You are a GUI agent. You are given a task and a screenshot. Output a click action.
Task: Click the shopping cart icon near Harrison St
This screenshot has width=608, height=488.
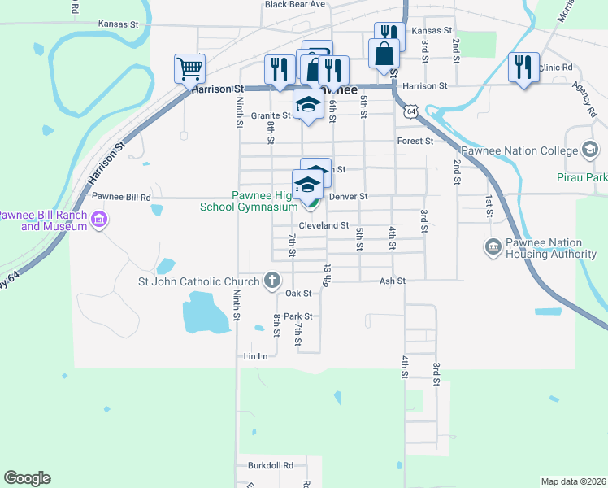click(x=189, y=68)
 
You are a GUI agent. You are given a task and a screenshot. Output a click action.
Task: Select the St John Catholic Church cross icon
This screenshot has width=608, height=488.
click(x=272, y=282)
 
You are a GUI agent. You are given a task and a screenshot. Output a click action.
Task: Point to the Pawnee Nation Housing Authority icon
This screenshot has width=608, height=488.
click(x=493, y=246)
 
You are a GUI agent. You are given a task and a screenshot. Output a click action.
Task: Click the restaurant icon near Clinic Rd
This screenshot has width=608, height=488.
click(x=523, y=67)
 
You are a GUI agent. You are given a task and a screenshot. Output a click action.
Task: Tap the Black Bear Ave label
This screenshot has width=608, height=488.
click(x=294, y=5)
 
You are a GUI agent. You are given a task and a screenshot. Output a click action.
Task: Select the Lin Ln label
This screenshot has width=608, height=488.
click(x=255, y=356)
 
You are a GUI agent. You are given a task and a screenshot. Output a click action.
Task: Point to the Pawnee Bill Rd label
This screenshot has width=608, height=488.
click(x=121, y=197)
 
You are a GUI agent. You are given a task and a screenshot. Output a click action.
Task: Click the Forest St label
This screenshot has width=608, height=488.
click(x=415, y=141)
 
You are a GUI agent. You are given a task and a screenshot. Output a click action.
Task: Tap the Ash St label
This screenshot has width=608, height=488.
click(x=392, y=281)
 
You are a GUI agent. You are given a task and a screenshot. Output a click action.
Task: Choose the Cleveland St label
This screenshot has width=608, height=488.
click(x=324, y=225)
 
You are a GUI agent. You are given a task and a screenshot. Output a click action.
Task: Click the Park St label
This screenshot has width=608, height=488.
click(x=298, y=316)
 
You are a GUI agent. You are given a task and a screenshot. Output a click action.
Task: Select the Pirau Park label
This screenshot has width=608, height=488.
click(x=582, y=176)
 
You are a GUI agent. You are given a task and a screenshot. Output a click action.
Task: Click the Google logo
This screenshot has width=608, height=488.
click(x=27, y=478)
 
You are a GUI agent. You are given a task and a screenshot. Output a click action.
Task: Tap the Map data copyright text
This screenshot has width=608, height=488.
click(x=572, y=481)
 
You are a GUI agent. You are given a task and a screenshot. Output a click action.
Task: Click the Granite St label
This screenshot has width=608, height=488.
click(x=271, y=115)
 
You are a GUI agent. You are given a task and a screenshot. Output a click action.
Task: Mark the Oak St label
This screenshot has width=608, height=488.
click(x=298, y=294)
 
